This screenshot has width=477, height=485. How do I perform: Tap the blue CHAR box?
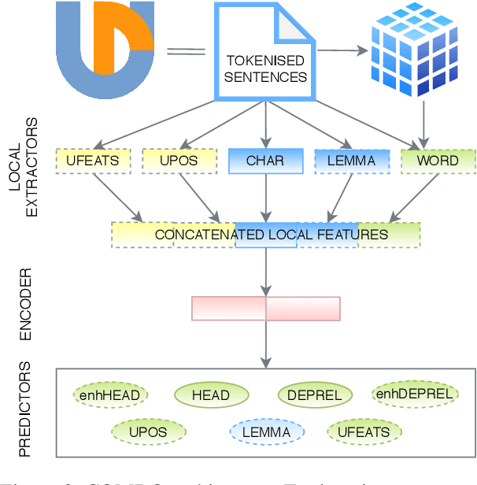(x=264, y=161)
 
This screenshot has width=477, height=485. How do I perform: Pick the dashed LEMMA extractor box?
(x=351, y=161)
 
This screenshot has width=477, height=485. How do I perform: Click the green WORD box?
(x=438, y=161)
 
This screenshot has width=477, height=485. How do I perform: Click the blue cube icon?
(x=421, y=50)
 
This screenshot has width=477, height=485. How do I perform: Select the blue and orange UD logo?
(x=105, y=49)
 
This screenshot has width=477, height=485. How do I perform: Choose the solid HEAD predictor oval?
(x=211, y=395)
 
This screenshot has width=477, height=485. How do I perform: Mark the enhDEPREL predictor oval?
(x=413, y=394)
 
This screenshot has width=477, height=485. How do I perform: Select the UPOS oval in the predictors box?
(x=148, y=431)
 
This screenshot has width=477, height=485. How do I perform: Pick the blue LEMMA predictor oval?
(x=266, y=431)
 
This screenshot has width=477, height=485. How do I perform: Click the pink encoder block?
(x=266, y=309)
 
